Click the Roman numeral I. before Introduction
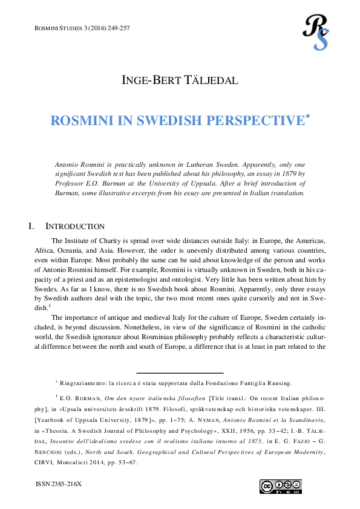pos(31,227)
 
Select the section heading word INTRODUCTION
pos(75,227)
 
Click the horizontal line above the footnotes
pos(180,373)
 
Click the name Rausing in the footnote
pos(278,383)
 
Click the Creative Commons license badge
pos(280,487)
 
